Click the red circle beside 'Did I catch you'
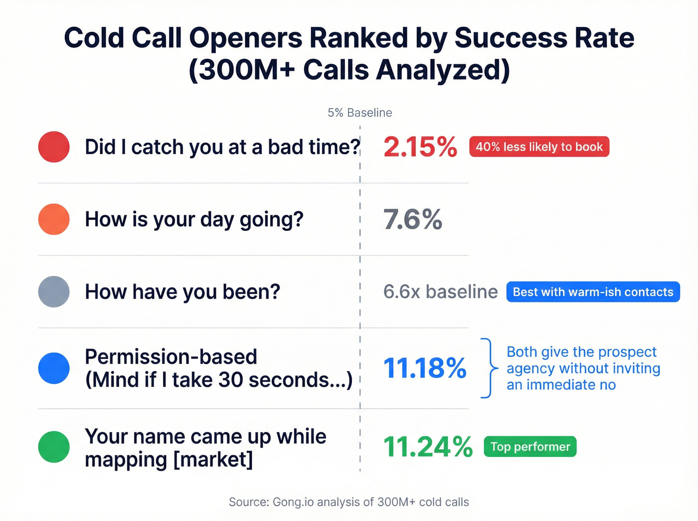coord(54,147)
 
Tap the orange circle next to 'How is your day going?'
coord(54,219)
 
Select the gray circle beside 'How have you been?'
coord(54,292)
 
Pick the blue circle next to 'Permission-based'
coord(54,368)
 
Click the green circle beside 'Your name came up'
coord(54,447)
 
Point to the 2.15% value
coord(420,147)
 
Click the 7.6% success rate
coord(412,219)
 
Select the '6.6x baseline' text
coord(440,292)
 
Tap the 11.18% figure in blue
coord(424,368)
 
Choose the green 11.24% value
coord(428,447)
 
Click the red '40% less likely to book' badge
coord(539,147)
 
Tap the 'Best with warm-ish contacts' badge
coord(593,292)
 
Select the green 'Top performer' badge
coord(530,447)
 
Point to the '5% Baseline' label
coord(359,113)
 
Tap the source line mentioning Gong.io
coord(349,502)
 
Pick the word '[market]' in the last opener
coord(213,459)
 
